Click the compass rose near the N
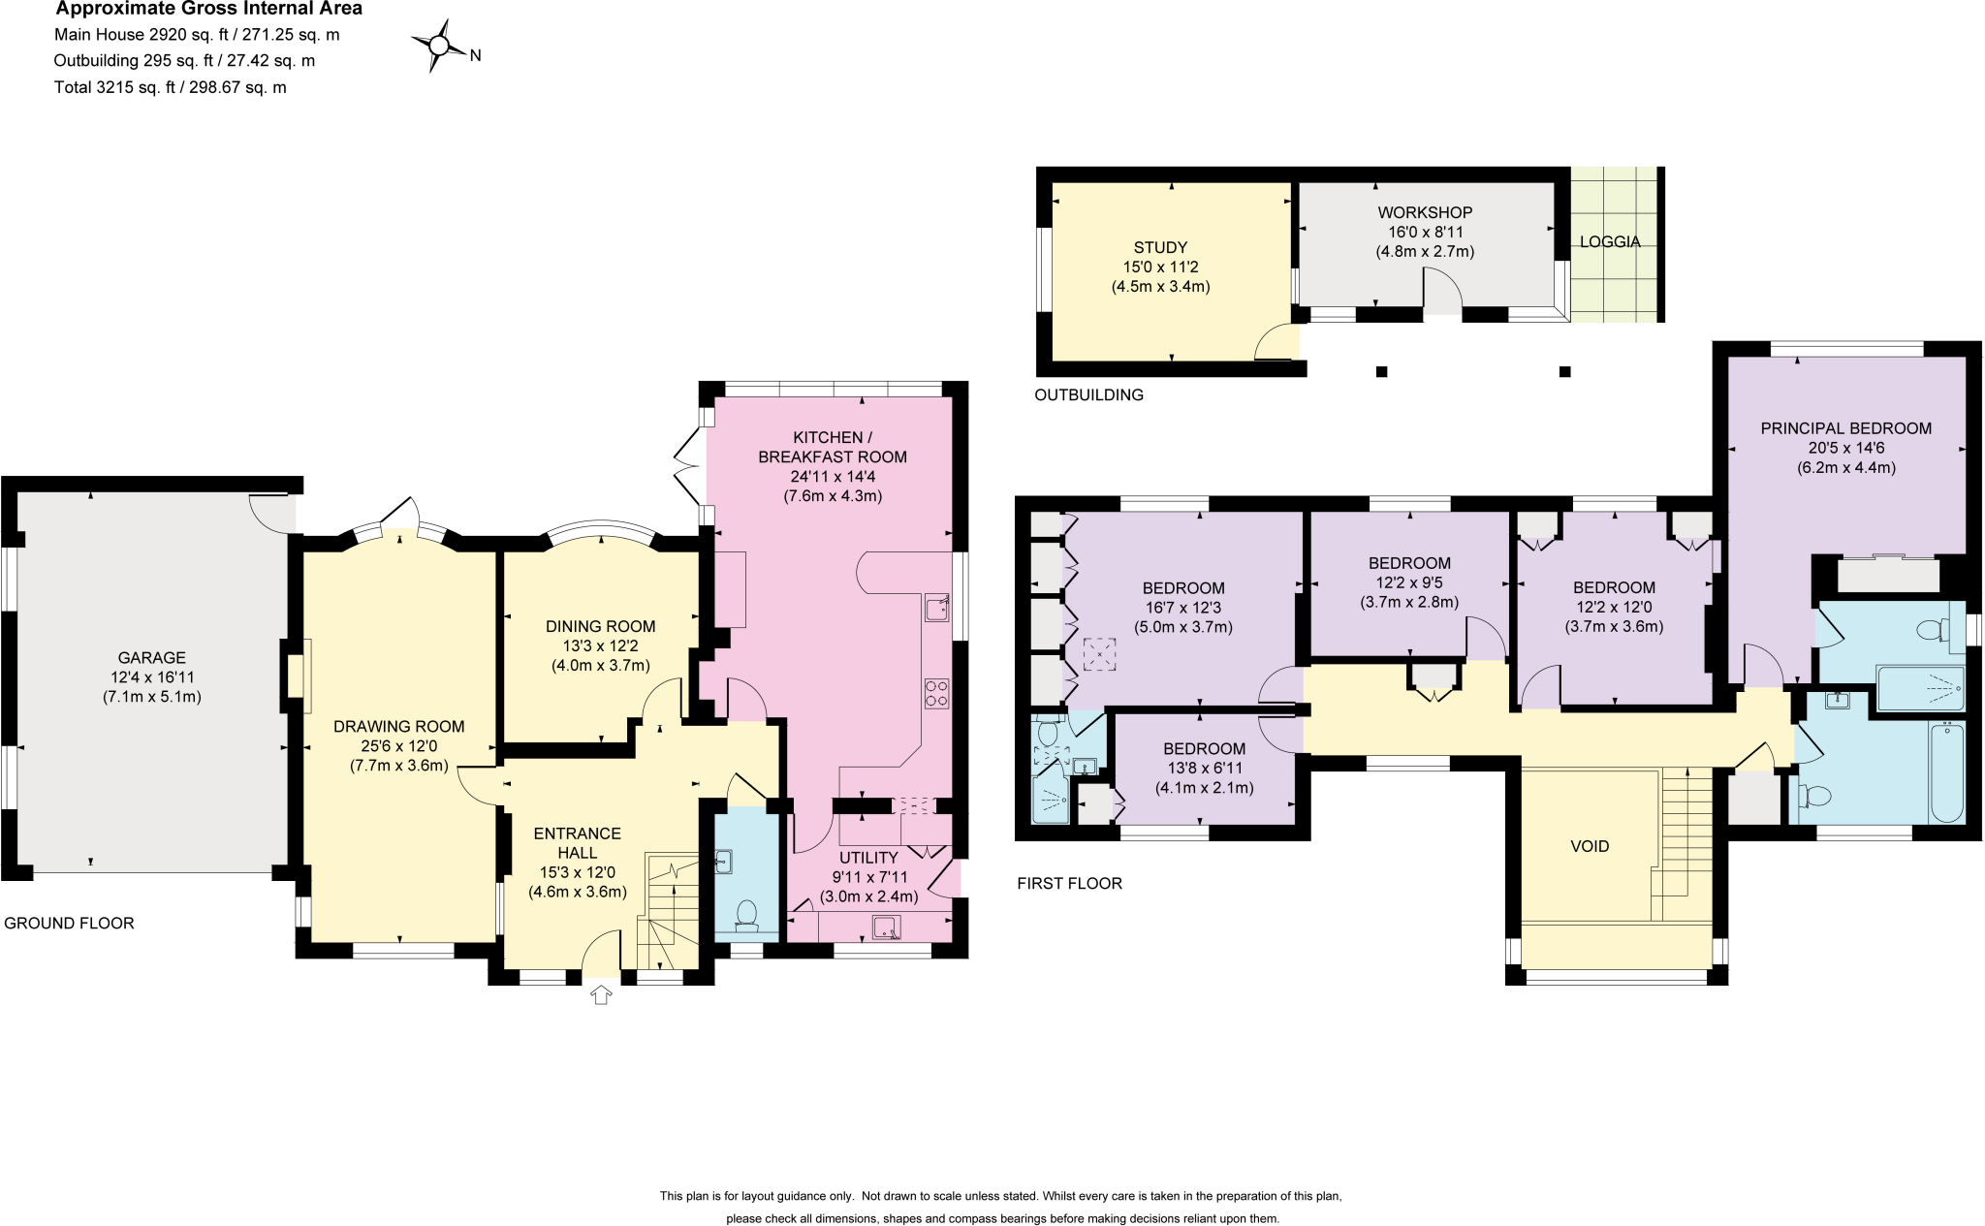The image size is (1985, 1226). [438, 45]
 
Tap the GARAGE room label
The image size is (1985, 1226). [151, 657]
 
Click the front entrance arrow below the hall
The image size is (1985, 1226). [601, 994]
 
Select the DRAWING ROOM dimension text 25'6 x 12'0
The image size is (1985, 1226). [399, 746]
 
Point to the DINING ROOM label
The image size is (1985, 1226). [600, 626]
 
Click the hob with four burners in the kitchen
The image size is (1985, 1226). [936, 693]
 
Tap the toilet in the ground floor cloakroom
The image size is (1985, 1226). [746, 914]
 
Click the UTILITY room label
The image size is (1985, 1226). [868, 858]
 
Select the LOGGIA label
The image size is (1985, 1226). [1610, 241]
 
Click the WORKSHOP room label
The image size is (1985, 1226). [1425, 212]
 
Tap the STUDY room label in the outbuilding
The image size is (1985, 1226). [1160, 247]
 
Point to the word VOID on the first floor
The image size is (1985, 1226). [1590, 846]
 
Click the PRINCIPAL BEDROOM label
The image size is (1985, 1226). [1845, 427]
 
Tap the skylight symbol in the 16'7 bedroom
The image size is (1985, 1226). [1099, 654]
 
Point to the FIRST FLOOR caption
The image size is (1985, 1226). [1069, 883]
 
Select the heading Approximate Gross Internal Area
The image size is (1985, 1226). [208, 9]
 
